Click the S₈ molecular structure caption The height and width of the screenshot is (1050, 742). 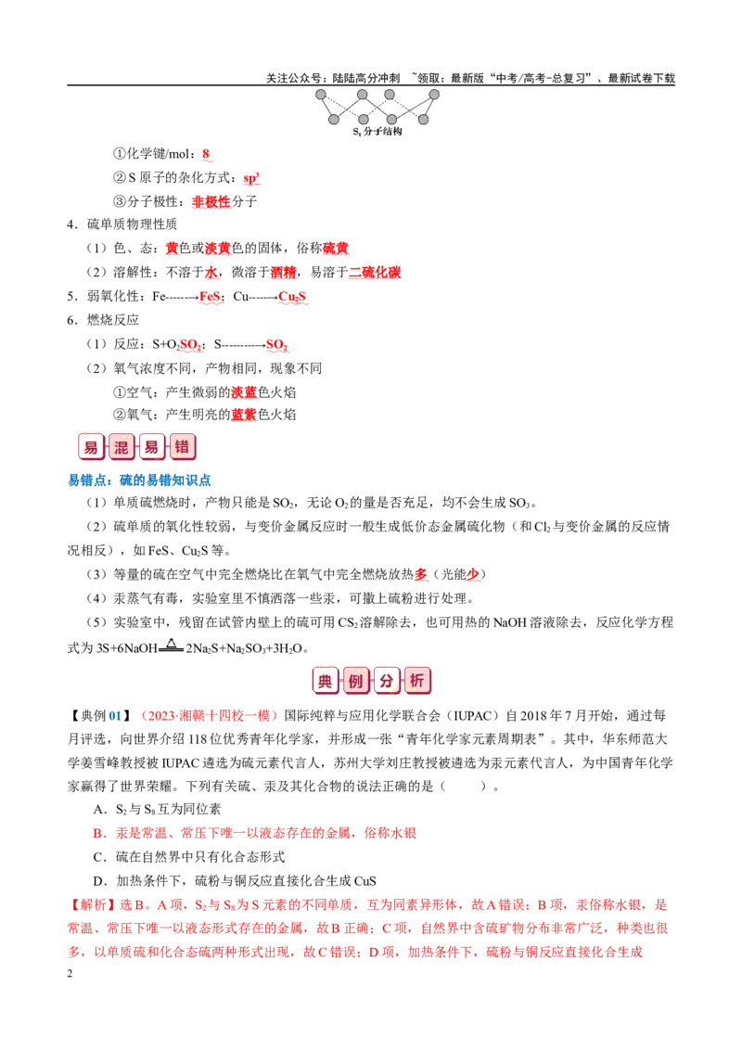tap(377, 132)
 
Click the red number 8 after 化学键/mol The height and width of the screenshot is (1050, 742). tap(206, 154)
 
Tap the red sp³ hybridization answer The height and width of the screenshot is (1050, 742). tap(251, 178)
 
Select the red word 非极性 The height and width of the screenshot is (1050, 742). tap(211, 201)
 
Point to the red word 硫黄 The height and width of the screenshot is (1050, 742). tap(336, 249)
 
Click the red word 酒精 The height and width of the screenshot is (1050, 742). tap(283, 273)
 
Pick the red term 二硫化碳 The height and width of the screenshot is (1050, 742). tap(375, 273)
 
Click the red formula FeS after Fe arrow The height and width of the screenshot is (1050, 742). tap(210, 297)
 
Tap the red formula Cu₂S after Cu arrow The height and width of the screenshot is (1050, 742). tap(292, 297)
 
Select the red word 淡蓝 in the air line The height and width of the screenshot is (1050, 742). tap(244, 392)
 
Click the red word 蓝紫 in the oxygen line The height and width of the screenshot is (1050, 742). tap(244, 416)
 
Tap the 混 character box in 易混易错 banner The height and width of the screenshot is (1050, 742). tap(122, 447)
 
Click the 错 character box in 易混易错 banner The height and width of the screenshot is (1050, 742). tap(182, 447)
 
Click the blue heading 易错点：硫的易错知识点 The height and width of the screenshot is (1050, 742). tap(139, 480)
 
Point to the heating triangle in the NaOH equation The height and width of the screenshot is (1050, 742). tap(172, 644)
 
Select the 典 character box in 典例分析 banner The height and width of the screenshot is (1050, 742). tap(325, 681)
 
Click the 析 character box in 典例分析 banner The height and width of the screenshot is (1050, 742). tap(417, 681)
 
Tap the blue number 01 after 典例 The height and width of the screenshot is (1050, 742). tap(115, 716)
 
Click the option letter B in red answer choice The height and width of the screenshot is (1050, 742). tap(97, 834)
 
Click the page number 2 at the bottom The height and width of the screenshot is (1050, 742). tap(70, 974)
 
